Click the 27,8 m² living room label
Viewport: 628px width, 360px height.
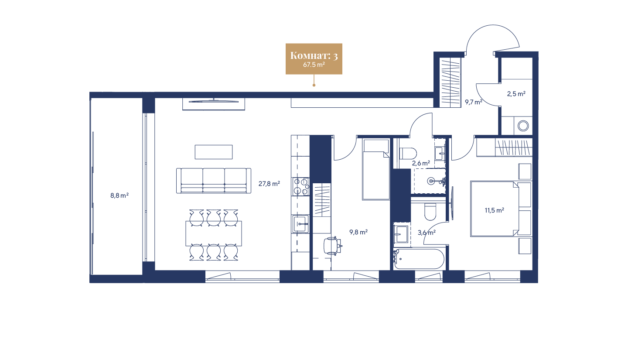(269, 184)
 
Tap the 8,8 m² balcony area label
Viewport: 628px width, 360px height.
(119, 196)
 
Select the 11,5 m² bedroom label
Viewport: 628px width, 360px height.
(494, 210)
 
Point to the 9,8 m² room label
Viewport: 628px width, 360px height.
(358, 232)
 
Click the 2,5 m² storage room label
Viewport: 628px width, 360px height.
(516, 93)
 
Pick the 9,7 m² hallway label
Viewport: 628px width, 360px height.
(473, 103)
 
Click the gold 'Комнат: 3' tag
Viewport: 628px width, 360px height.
(314, 58)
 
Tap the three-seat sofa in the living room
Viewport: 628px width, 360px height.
(214, 180)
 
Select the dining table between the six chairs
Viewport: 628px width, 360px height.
(214, 233)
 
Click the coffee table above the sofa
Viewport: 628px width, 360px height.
(214, 152)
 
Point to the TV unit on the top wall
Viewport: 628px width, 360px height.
(214, 104)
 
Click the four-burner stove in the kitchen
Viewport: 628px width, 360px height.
(300, 186)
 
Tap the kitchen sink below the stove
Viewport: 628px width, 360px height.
(300, 225)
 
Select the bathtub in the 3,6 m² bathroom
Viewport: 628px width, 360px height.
(419, 259)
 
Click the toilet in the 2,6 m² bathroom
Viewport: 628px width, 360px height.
(408, 153)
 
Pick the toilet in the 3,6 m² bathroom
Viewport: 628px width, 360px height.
(430, 212)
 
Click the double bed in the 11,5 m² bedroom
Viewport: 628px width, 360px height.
(494, 209)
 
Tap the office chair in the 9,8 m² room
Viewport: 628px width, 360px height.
(333, 245)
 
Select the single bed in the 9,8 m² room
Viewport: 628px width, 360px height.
(375, 169)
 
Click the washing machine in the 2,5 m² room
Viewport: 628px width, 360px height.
(522, 126)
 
